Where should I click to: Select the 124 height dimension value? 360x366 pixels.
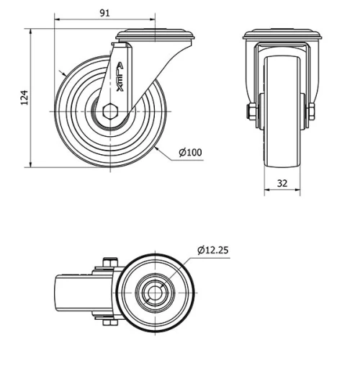(24, 98)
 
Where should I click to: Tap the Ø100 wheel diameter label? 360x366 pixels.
(189, 152)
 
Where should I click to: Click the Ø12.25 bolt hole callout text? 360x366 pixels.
(212, 250)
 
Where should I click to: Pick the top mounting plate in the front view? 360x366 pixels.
(281, 35)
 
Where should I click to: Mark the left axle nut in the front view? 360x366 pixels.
(250, 111)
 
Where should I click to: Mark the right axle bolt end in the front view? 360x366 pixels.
(312, 111)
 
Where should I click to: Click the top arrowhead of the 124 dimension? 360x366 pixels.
(31, 33)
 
